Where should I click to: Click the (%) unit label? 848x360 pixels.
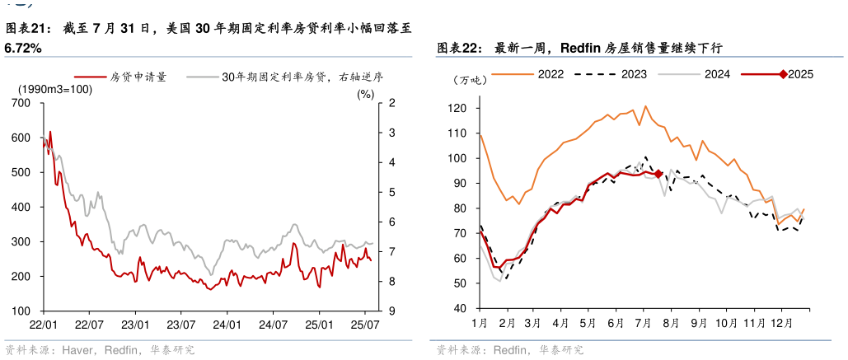365,93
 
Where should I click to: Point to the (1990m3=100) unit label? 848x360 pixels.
55,89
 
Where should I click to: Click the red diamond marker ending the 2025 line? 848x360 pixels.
658,173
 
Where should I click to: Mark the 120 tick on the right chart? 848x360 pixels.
459,108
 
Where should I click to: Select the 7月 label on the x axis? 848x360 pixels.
644,323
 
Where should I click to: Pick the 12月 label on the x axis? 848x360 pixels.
781,323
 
